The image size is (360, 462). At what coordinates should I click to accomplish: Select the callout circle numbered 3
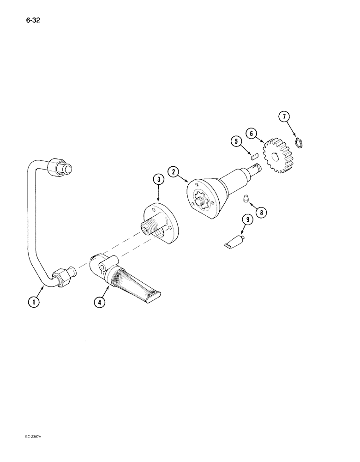point(158,180)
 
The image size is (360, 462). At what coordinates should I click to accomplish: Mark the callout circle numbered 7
point(284,117)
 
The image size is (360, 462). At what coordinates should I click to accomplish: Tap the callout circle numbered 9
point(248,220)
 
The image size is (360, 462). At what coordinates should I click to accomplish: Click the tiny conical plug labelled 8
point(247,199)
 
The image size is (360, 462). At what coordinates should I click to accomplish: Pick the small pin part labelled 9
point(235,242)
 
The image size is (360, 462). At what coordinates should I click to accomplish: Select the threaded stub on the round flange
point(149,228)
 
